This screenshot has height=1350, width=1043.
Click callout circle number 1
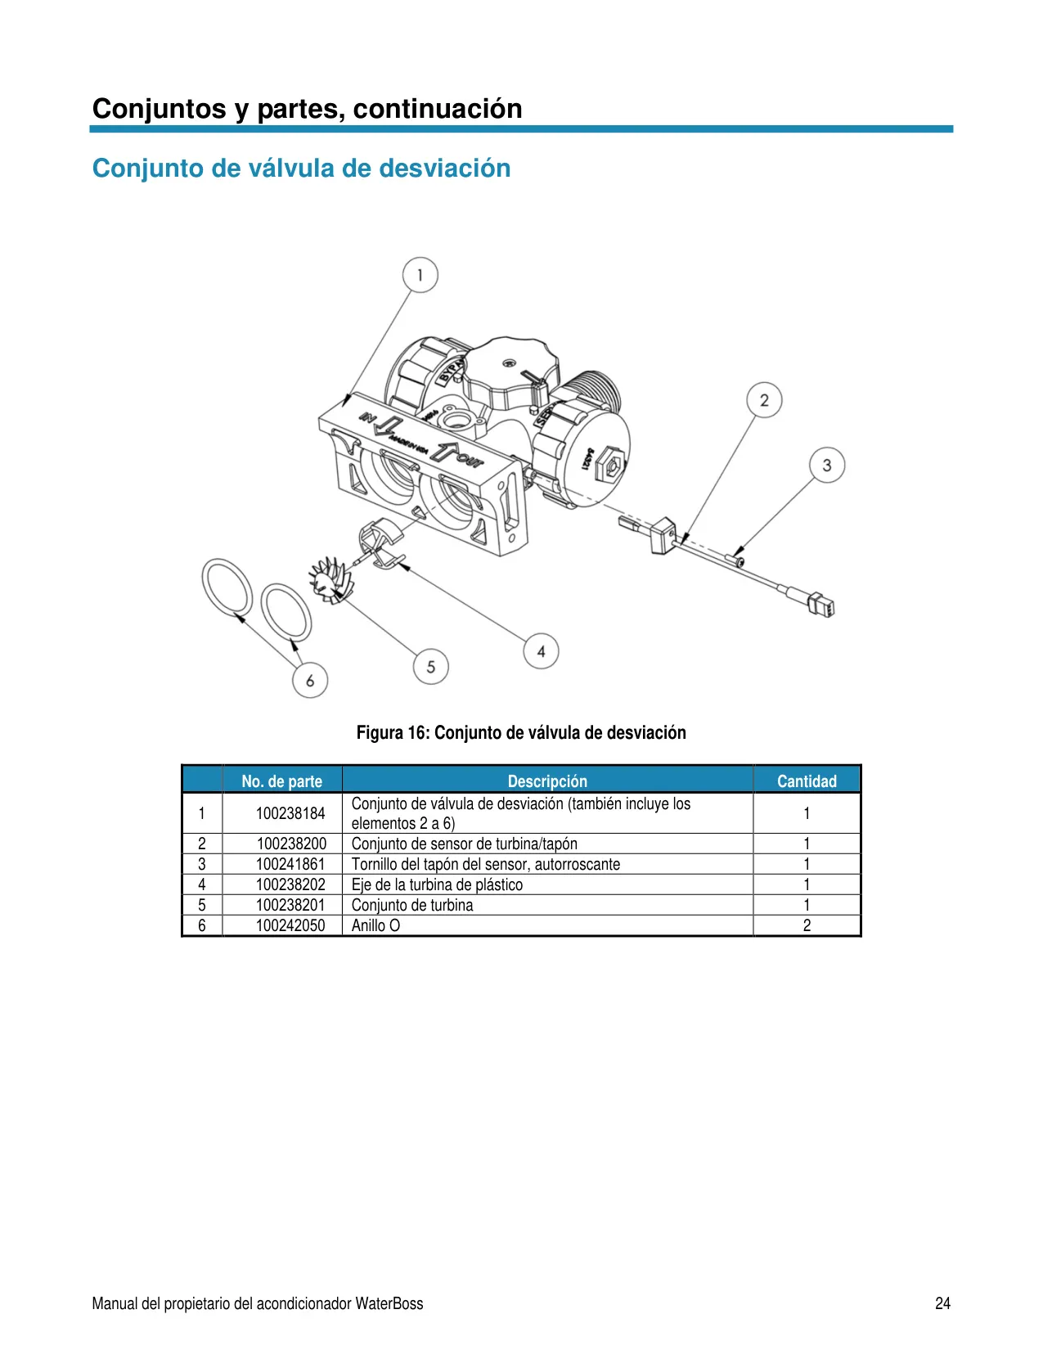click(420, 275)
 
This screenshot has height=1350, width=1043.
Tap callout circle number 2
click(764, 400)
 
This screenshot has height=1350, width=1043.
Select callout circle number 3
click(827, 466)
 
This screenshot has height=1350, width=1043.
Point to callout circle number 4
click(541, 651)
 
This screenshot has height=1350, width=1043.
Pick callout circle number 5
click(430, 667)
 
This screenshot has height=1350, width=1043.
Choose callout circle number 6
click(310, 680)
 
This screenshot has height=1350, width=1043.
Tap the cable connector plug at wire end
click(820, 605)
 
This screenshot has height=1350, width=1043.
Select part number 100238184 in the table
click(290, 813)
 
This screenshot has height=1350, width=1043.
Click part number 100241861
click(290, 864)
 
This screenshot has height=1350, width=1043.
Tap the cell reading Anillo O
click(375, 925)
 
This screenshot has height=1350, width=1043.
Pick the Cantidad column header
click(807, 781)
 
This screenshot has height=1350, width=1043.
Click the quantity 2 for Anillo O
click(807, 925)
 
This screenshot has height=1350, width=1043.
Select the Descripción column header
click(547, 781)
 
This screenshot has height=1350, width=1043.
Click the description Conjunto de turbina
click(411, 905)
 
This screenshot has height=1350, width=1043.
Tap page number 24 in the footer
click(942, 1303)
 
